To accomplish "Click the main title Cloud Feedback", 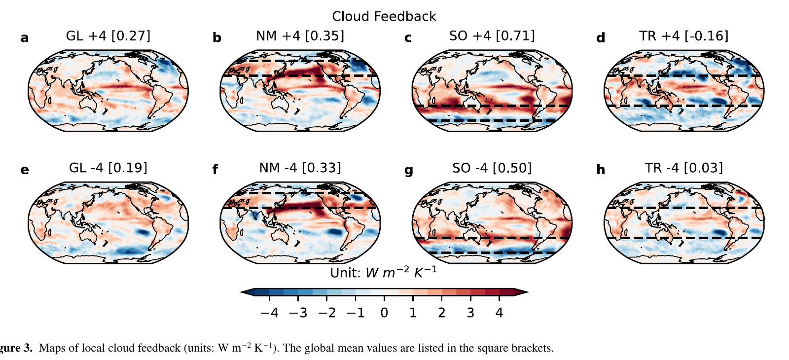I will tap(384, 16).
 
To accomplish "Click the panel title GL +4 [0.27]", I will tap(108, 36).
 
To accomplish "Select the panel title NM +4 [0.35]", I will tap(300, 36).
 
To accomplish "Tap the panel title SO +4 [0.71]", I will tap(492, 36).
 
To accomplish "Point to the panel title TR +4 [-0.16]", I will tap(683, 36).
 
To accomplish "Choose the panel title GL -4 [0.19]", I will tap(108, 168).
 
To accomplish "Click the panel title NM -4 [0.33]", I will tap(300, 168).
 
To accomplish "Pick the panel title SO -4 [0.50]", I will tap(492, 168).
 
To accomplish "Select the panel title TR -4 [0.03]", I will tap(683, 168).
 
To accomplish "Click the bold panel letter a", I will tap(25, 38).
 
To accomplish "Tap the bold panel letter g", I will tap(409, 171).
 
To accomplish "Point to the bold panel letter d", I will tap(600, 38).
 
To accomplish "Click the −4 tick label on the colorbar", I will tap(269, 313).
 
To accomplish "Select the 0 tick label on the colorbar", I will tap(384, 313).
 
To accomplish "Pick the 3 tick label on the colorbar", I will tap(470, 313).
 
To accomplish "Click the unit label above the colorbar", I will tap(383, 273).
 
